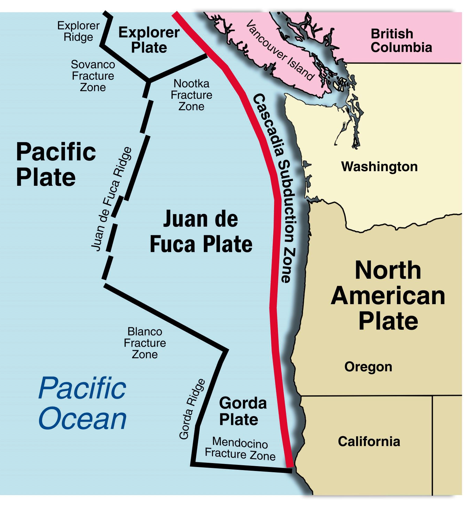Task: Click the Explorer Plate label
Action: pyautogui.click(x=149, y=40)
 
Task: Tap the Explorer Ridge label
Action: pyautogui.click(x=78, y=31)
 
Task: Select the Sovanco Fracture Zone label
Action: pyautogui.click(x=93, y=76)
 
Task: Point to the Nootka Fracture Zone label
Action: pyautogui.click(x=191, y=95)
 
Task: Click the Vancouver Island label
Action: pyautogui.click(x=280, y=50)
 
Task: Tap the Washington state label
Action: pyautogui.click(x=379, y=167)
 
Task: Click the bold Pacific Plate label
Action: pyautogui.click(x=56, y=164)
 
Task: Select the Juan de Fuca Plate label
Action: pyautogui.click(x=201, y=232)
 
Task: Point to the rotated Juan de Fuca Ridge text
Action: pyautogui.click(x=112, y=200)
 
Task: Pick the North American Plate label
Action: pyautogui.click(x=388, y=295)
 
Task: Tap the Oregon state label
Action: pyautogui.click(x=368, y=367)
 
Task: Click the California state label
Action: pyautogui.click(x=369, y=441)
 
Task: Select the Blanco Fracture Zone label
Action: pyautogui.click(x=145, y=343)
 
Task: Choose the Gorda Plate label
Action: pyautogui.click(x=243, y=411)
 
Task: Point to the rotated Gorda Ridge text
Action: pyautogui.click(x=192, y=409)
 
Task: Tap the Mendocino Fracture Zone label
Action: pyautogui.click(x=240, y=448)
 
